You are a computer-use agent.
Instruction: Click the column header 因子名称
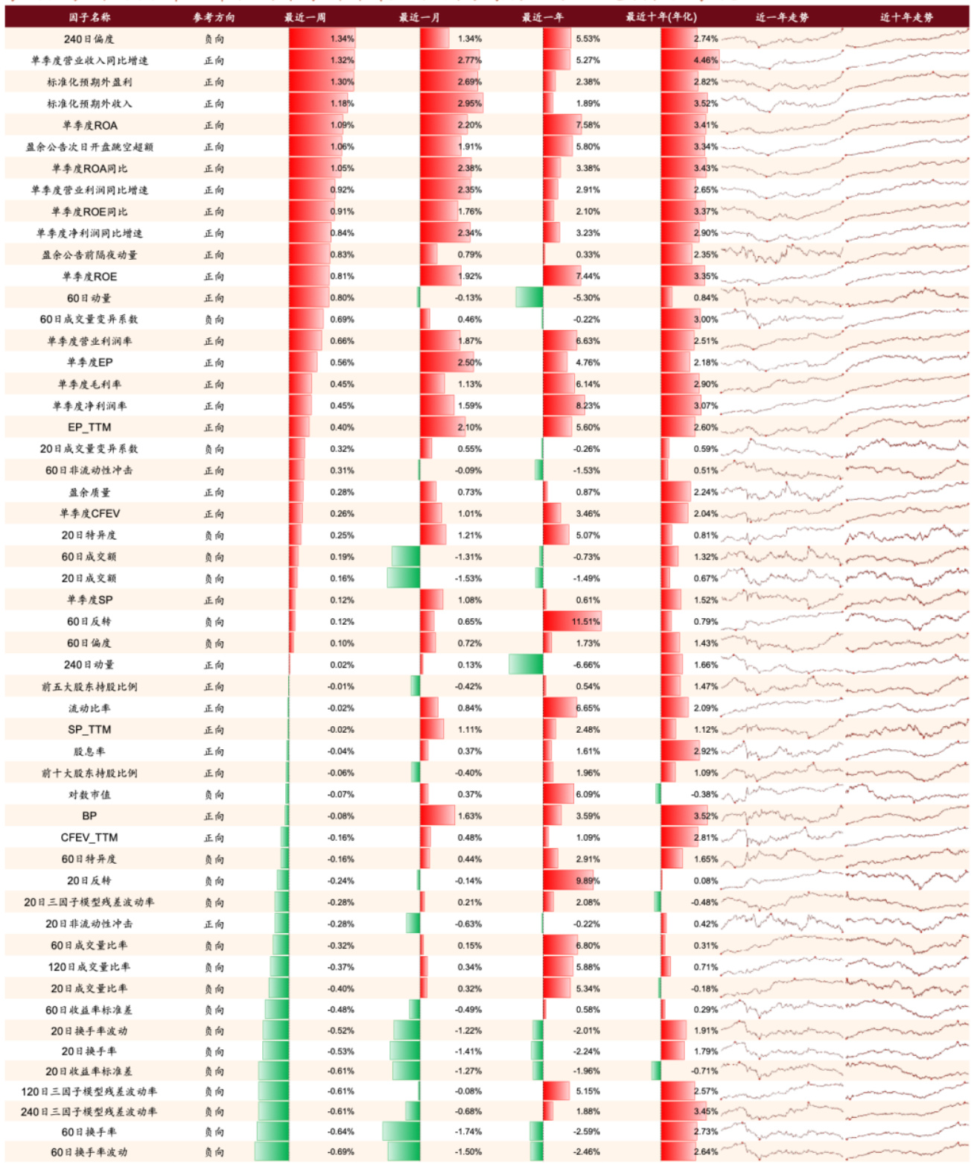89,17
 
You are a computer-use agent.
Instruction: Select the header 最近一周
305,17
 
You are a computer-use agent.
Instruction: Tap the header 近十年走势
906,17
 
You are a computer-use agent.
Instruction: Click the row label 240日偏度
89,39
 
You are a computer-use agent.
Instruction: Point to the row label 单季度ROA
90,125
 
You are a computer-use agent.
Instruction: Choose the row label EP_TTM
89,427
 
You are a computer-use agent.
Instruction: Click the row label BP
89,816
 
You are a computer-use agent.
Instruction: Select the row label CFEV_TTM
89,838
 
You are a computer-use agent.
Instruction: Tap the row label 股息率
89,751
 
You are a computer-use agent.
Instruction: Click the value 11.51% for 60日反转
586,622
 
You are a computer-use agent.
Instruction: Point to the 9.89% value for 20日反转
588,881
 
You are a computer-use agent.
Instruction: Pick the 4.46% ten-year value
705,60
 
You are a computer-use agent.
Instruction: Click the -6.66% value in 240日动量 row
587,665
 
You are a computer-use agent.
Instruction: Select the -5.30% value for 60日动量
587,298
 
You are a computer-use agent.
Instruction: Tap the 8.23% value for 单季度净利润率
588,406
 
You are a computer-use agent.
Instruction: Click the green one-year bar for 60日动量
529,298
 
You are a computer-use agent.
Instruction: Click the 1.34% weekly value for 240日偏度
342,39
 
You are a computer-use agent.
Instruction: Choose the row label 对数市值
89,795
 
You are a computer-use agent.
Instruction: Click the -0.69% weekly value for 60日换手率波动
341,1152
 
